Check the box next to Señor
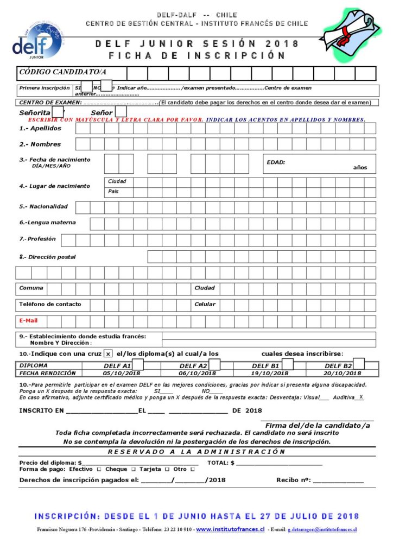click(x=121, y=112)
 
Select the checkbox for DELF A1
click(x=138, y=364)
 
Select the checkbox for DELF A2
click(x=214, y=364)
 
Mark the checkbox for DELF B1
click(x=288, y=364)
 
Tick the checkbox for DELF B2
click(x=359, y=364)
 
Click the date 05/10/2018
click(x=122, y=373)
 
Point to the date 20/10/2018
click(x=343, y=373)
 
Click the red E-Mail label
click(x=28, y=320)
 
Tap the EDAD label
click(x=276, y=162)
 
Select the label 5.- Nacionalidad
click(x=43, y=207)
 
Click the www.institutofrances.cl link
click(x=230, y=529)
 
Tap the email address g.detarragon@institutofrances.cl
click(x=322, y=529)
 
